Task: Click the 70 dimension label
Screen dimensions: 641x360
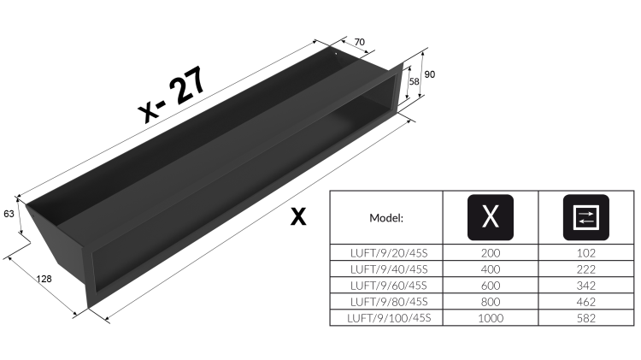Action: [359, 42]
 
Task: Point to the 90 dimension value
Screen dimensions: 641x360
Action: [430, 74]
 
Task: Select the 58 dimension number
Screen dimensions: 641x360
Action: [415, 81]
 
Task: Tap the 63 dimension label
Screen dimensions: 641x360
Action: [9, 214]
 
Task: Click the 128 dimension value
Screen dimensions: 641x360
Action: [44, 279]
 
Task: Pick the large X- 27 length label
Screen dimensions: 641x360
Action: [172, 94]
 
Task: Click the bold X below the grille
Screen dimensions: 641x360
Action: [298, 216]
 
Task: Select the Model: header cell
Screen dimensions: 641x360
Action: [386, 218]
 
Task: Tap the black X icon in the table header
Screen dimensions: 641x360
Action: [491, 217]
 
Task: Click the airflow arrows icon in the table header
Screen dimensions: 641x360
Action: [585, 217]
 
